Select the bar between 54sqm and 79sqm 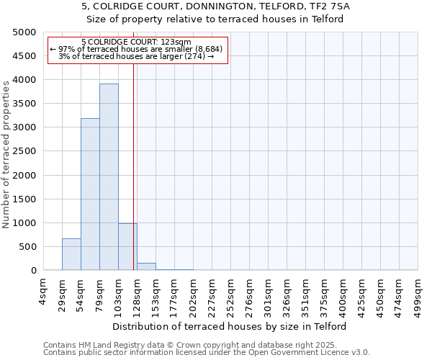pos(90,194)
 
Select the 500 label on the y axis pos(27,247)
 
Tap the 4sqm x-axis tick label pos(43,291)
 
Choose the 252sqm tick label pos(230,294)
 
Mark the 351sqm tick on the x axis pos(305,294)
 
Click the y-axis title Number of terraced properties pos(6,154)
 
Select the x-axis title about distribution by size pos(230,326)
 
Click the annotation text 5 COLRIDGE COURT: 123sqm pos(136,42)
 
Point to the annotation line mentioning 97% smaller pos(136,49)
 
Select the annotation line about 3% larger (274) pos(136,56)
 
